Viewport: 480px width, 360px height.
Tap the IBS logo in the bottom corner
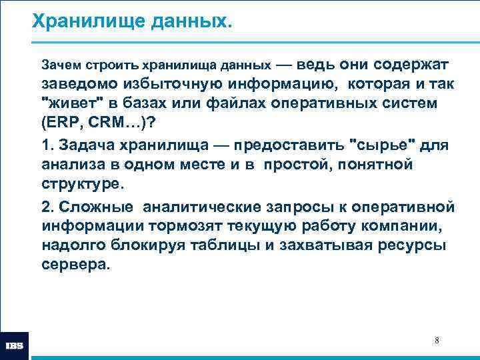coord(15,346)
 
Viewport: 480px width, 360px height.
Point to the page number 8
coord(437,341)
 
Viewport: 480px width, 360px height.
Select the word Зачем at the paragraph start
coord(57,65)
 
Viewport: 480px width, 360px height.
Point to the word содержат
coord(411,65)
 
